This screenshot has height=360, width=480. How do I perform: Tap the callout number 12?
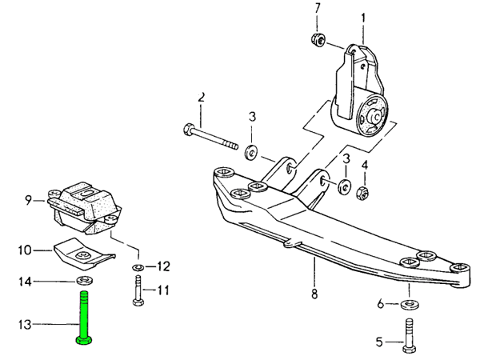pyautogui.click(x=163, y=266)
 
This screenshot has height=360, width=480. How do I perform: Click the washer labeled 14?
pyautogui.click(x=82, y=281)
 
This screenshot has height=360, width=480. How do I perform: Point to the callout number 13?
pyautogui.click(x=25, y=324)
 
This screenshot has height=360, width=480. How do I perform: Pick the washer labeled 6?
pyautogui.click(x=410, y=305)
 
